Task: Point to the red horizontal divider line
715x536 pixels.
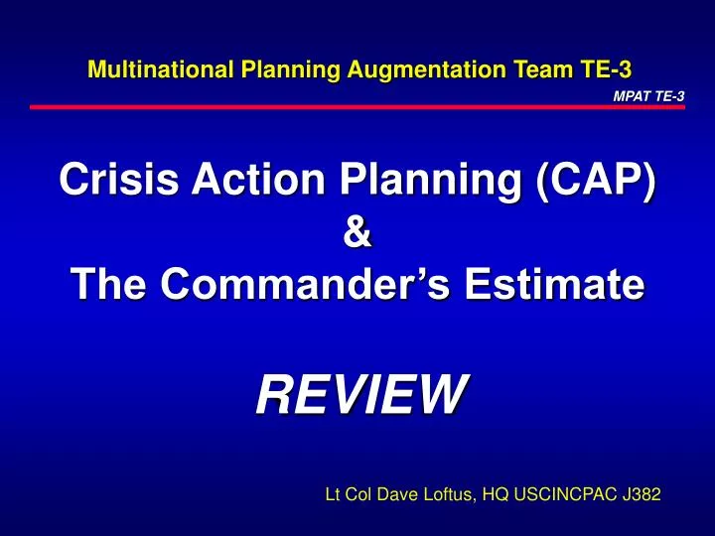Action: click(357, 106)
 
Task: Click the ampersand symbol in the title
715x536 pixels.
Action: click(357, 238)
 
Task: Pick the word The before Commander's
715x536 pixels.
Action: click(109, 287)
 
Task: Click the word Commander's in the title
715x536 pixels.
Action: click(330, 287)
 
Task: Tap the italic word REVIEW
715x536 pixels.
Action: click(358, 396)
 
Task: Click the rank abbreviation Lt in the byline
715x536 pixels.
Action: click(335, 493)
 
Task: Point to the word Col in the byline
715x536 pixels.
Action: click(362, 493)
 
